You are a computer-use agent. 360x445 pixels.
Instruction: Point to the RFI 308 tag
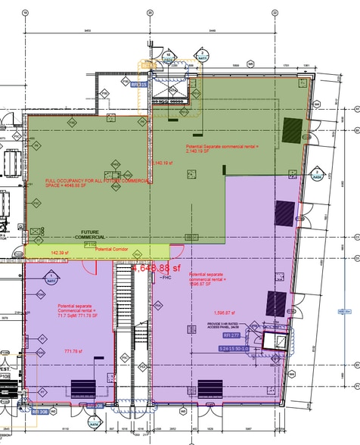coord(94,406)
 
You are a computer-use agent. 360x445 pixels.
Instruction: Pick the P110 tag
coord(90,244)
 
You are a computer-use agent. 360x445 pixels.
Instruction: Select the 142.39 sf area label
coord(60,252)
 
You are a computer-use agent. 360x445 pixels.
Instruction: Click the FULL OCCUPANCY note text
coord(83,183)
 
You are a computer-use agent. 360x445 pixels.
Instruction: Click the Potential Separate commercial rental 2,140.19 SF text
coord(221,148)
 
